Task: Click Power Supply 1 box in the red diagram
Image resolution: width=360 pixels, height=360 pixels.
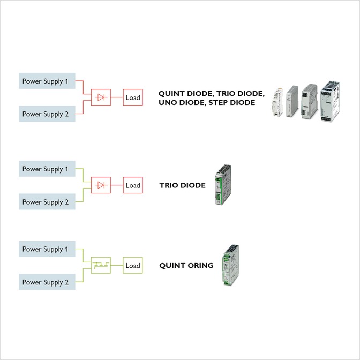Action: point(47,81)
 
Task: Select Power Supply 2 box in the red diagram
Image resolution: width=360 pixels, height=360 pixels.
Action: point(47,114)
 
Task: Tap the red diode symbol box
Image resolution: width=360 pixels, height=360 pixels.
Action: point(101,97)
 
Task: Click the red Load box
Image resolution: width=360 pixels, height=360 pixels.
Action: point(133,97)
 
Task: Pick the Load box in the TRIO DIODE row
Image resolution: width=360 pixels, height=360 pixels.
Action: point(133,185)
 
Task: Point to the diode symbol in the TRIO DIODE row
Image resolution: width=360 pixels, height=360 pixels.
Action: point(101,185)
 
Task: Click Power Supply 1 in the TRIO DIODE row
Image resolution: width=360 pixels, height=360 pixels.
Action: point(47,169)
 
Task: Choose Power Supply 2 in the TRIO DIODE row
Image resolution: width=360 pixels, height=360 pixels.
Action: point(47,202)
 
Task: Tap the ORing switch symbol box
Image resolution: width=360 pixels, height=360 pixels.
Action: point(101,265)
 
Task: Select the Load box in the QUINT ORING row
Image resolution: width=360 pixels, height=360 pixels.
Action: point(133,265)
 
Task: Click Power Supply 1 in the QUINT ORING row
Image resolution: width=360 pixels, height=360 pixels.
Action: point(47,249)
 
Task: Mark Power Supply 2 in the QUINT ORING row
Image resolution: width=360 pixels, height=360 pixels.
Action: point(47,282)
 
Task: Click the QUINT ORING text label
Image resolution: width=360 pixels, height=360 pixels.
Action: point(186,265)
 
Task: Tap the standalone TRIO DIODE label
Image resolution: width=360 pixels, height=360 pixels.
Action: point(182,185)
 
